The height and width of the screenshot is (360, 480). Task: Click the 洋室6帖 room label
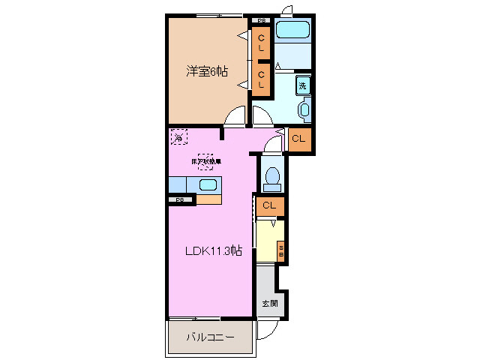[207, 72]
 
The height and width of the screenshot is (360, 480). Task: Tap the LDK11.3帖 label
[213, 251]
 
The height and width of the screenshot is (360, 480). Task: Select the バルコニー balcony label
[210, 337]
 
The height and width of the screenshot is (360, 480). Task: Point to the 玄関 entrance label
[268, 304]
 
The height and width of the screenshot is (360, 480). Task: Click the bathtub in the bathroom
[292, 31]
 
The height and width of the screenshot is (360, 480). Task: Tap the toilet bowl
[271, 178]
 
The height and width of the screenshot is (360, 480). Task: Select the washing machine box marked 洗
[303, 85]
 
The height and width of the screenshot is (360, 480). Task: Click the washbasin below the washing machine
[304, 111]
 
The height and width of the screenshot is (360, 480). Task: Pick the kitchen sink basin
[208, 184]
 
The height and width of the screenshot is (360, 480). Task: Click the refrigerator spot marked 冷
[179, 137]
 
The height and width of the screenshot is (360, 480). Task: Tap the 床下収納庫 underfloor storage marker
[205, 160]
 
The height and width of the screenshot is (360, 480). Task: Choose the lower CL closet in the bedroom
[262, 79]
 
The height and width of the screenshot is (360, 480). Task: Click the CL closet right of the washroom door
[298, 139]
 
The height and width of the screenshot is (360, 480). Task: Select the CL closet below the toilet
[270, 205]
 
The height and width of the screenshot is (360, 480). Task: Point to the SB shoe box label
[281, 251]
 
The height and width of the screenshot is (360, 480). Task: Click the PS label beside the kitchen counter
[180, 199]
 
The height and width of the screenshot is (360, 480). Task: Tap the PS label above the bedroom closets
[261, 20]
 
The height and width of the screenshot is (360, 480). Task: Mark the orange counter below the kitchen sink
[210, 199]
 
